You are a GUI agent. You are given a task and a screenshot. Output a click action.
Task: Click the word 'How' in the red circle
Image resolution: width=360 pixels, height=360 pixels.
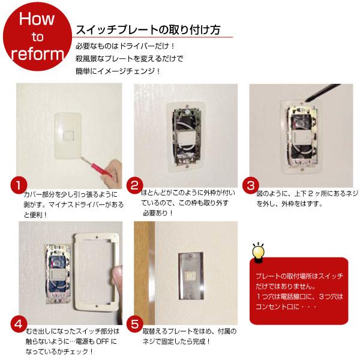[37, 19]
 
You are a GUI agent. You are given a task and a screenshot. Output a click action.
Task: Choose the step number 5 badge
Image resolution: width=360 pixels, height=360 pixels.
[136, 325]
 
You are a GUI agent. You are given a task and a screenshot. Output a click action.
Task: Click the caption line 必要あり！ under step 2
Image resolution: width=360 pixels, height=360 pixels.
[157, 212]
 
